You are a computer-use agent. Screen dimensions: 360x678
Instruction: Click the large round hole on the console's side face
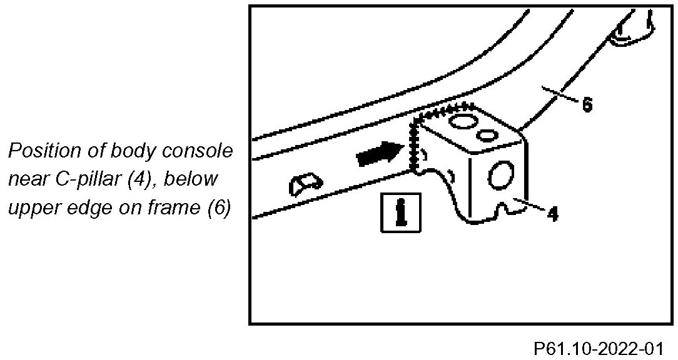(501, 176)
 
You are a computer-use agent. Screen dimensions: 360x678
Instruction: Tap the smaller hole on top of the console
(487, 134)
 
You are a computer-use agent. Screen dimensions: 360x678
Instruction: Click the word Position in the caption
(43, 151)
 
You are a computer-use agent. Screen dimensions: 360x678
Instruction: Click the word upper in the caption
(34, 207)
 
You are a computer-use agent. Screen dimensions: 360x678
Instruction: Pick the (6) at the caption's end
(220, 207)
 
